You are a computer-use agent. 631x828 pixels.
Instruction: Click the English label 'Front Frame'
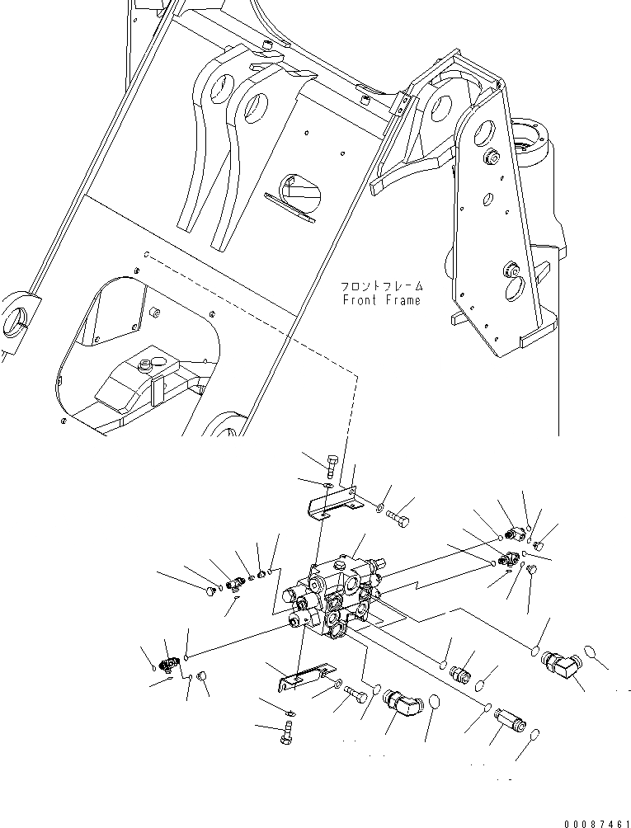click(x=382, y=300)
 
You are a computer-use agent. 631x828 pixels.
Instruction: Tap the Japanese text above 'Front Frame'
click(x=382, y=286)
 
